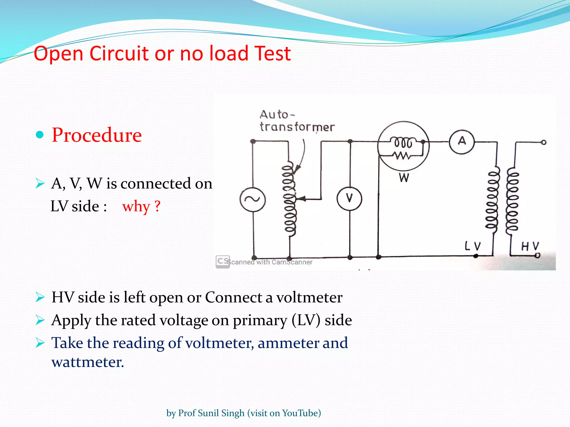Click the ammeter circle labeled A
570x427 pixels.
pyautogui.click(x=462, y=141)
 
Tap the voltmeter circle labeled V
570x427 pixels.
pyautogui.click(x=349, y=199)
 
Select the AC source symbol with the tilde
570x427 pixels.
pyautogui.click(x=252, y=199)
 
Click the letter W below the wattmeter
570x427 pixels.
pyautogui.click(x=404, y=177)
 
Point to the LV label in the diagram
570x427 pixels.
pyautogui.click(x=473, y=246)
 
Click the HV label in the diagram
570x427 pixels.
pyautogui.click(x=530, y=246)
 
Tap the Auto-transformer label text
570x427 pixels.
pyautogui.click(x=297, y=121)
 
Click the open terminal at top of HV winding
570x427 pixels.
pyautogui.click(x=544, y=142)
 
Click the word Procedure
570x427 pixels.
pyautogui.click(x=97, y=135)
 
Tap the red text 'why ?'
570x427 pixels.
pyautogui.click(x=141, y=206)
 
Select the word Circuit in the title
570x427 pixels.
pyautogui.click(x=120, y=53)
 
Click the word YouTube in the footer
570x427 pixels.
pyautogui.click(x=301, y=413)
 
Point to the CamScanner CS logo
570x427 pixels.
pyautogui.click(x=223, y=262)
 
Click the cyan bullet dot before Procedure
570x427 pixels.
pyautogui.click(x=40, y=135)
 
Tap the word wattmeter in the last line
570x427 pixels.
pyautogui.click(x=87, y=362)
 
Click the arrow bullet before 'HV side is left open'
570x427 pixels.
pyautogui.click(x=40, y=297)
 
